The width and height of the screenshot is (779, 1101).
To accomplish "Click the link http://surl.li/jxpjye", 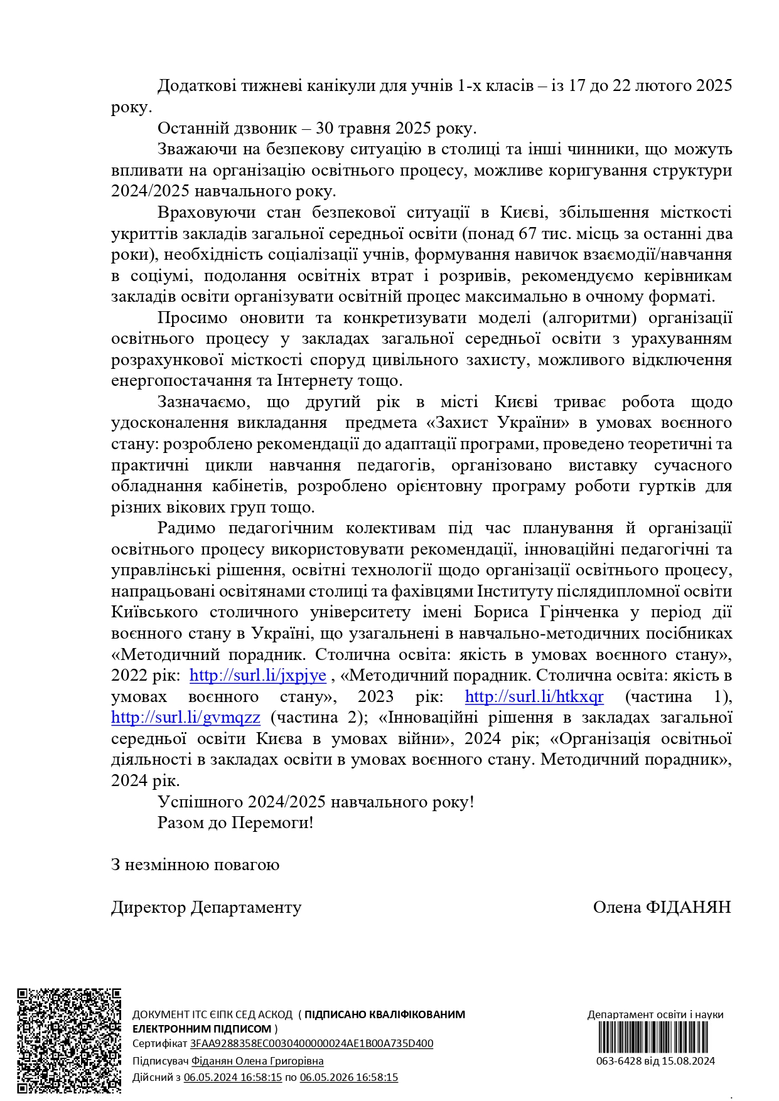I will [257, 676].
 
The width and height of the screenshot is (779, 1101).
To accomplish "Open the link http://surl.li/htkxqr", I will [534, 696].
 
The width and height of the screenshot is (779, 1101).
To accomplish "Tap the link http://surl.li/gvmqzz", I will [185, 718].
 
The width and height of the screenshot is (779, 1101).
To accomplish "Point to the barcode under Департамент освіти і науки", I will [653, 1038].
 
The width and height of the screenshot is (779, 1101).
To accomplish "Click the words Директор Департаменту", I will [206, 908].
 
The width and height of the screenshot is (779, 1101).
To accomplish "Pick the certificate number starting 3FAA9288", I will [311, 1044].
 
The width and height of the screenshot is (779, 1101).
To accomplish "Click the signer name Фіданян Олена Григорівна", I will [257, 1061].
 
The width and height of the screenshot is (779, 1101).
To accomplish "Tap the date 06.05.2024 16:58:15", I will [232, 1077].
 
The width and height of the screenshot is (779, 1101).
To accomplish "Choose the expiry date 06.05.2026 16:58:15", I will [348, 1077].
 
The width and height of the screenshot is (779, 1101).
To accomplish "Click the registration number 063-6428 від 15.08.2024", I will [655, 1061].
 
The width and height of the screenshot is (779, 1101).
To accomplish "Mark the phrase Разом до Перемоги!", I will [235, 823].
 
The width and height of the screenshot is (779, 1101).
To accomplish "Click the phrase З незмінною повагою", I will [195, 865].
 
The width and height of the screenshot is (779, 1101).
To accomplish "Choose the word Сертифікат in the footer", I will [160, 1044].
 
